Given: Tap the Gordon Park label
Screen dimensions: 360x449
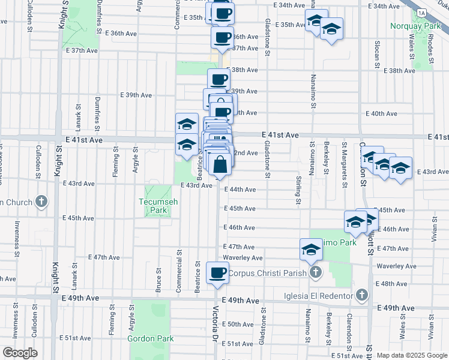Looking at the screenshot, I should tap(150, 338).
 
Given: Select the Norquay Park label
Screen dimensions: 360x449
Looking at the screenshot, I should tap(415, 26).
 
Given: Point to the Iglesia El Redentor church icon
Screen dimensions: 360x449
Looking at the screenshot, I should tap(361, 295).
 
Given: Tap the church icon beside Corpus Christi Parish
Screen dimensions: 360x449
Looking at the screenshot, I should tap(316, 273).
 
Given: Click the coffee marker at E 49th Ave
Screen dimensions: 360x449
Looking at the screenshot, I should tap(217, 273).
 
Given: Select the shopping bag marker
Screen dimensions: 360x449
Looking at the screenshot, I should tap(221, 164).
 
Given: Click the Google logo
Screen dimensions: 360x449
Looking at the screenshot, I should tap(20, 353).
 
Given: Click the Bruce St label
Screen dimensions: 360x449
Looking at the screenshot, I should tap(159, 280).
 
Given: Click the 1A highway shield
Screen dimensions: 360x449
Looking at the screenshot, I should tap(423, 13).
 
